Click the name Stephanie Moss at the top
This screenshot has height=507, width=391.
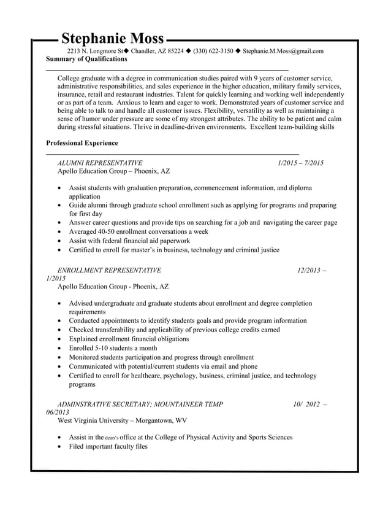tap(113, 39)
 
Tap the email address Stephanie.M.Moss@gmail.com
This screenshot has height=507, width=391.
tap(283, 51)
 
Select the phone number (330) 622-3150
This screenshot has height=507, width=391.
tap(213, 51)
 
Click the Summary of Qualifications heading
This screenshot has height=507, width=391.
tap(87, 60)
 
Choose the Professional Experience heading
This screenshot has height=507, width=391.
tap(82, 143)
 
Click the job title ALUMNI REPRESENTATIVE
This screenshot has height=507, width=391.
tap(100, 163)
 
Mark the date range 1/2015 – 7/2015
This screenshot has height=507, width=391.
tap(300, 163)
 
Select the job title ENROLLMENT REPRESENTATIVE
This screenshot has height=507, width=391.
tap(109, 270)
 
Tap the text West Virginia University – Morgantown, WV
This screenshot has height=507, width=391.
tap(122, 420)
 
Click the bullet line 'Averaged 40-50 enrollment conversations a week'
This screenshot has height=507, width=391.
tap(139, 232)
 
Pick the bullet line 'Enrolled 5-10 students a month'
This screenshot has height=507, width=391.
tap(113, 348)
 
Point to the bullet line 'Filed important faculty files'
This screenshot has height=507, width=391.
tap(108, 446)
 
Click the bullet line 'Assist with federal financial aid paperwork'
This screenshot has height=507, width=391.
tap(130, 241)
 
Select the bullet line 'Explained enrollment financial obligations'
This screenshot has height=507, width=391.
tap(129, 339)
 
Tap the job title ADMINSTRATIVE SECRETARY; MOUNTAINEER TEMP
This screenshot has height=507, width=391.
tap(140, 404)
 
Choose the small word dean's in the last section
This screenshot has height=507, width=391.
tap(111, 438)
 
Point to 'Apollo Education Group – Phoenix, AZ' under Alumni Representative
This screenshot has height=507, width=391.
tap(113, 172)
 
